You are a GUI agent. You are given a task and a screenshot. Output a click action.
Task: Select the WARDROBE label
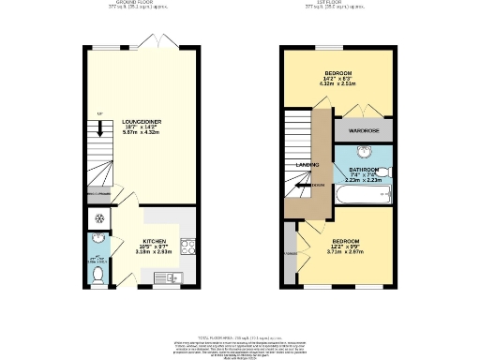tap(363, 131)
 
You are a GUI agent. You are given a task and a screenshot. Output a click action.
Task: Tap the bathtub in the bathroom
tap(362, 196)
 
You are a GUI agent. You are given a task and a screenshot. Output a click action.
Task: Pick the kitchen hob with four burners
tap(187, 248)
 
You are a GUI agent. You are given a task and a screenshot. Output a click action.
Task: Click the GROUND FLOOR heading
tap(134, 3)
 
